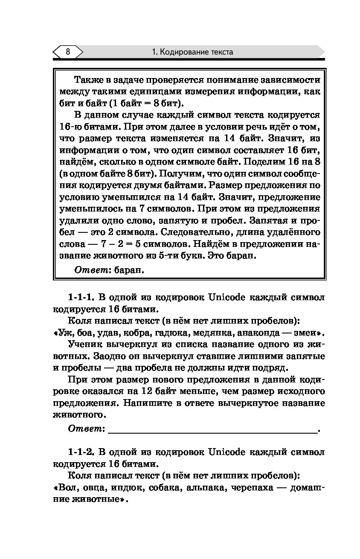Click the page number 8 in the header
pos(68,52)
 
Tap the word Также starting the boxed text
pos(87,80)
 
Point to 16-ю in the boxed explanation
pos(70,127)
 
